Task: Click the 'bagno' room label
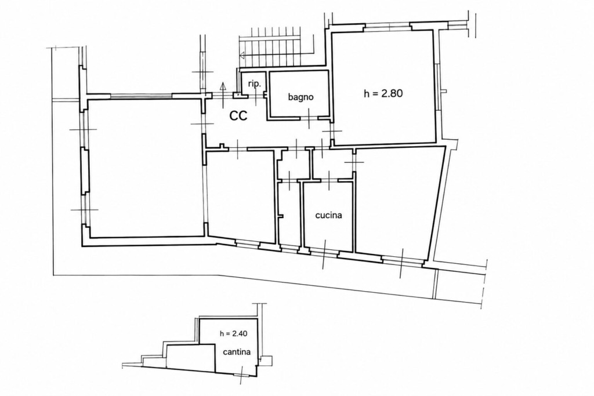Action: (301, 97)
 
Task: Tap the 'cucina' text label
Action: (329, 215)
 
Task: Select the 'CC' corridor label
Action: (238, 115)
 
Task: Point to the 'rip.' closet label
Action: (255, 84)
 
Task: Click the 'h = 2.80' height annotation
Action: (383, 93)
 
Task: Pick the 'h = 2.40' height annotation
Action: (233, 334)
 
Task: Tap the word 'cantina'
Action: (237, 352)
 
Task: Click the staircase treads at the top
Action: (270, 45)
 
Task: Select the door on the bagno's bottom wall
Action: (309, 118)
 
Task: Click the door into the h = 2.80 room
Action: (332, 130)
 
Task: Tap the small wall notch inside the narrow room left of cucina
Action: (281, 216)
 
